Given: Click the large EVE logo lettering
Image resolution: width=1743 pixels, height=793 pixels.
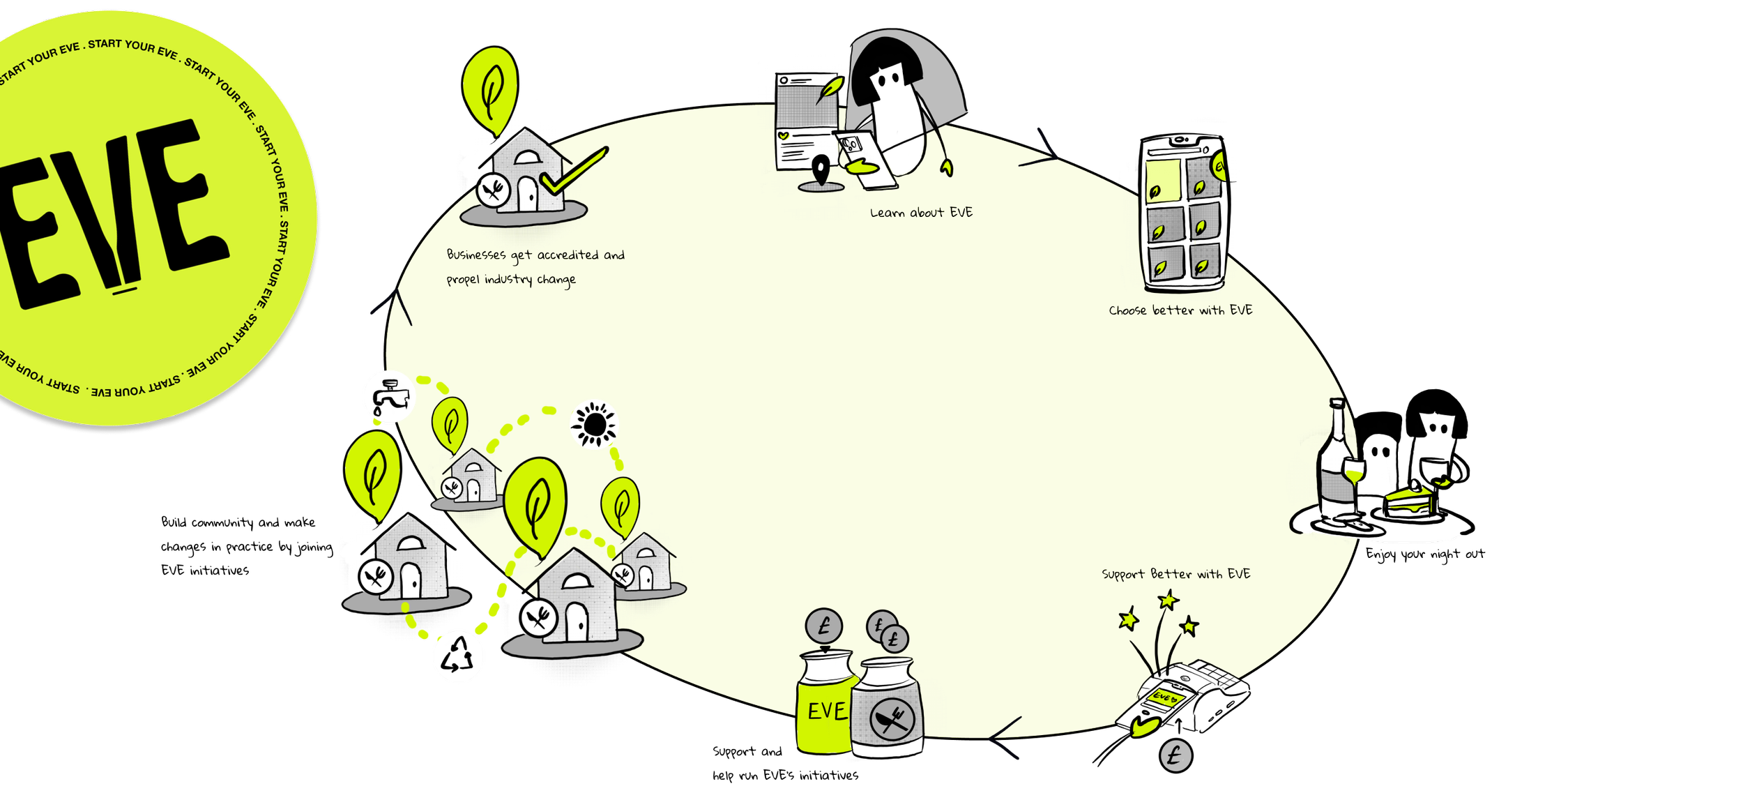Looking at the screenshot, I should (x=112, y=216).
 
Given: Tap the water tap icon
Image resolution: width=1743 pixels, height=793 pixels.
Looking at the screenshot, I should (x=389, y=396).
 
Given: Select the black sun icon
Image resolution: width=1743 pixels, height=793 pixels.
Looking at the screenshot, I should (x=594, y=424).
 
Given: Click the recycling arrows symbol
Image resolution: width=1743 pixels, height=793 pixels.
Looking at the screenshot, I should (x=458, y=656).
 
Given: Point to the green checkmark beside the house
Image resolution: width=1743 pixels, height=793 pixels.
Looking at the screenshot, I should (x=574, y=172).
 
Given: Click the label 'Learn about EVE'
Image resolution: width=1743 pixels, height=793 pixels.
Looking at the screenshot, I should (x=921, y=213).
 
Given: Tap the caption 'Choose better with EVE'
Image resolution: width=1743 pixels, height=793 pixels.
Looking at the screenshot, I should (x=1180, y=310).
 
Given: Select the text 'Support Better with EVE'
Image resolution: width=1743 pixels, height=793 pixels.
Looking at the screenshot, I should (x=1176, y=574).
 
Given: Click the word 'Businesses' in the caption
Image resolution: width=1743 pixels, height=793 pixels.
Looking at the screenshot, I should (x=476, y=255).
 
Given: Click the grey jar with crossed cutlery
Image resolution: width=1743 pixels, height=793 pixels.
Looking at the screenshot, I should (x=887, y=711).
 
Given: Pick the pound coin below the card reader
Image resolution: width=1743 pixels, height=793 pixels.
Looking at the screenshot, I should (x=1175, y=755).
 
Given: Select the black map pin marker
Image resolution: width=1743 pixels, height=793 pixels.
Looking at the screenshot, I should (x=823, y=169).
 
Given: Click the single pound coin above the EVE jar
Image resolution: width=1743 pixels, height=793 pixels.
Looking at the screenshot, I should (x=824, y=626).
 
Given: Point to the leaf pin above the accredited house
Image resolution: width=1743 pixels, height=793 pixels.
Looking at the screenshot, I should (x=491, y=87).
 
